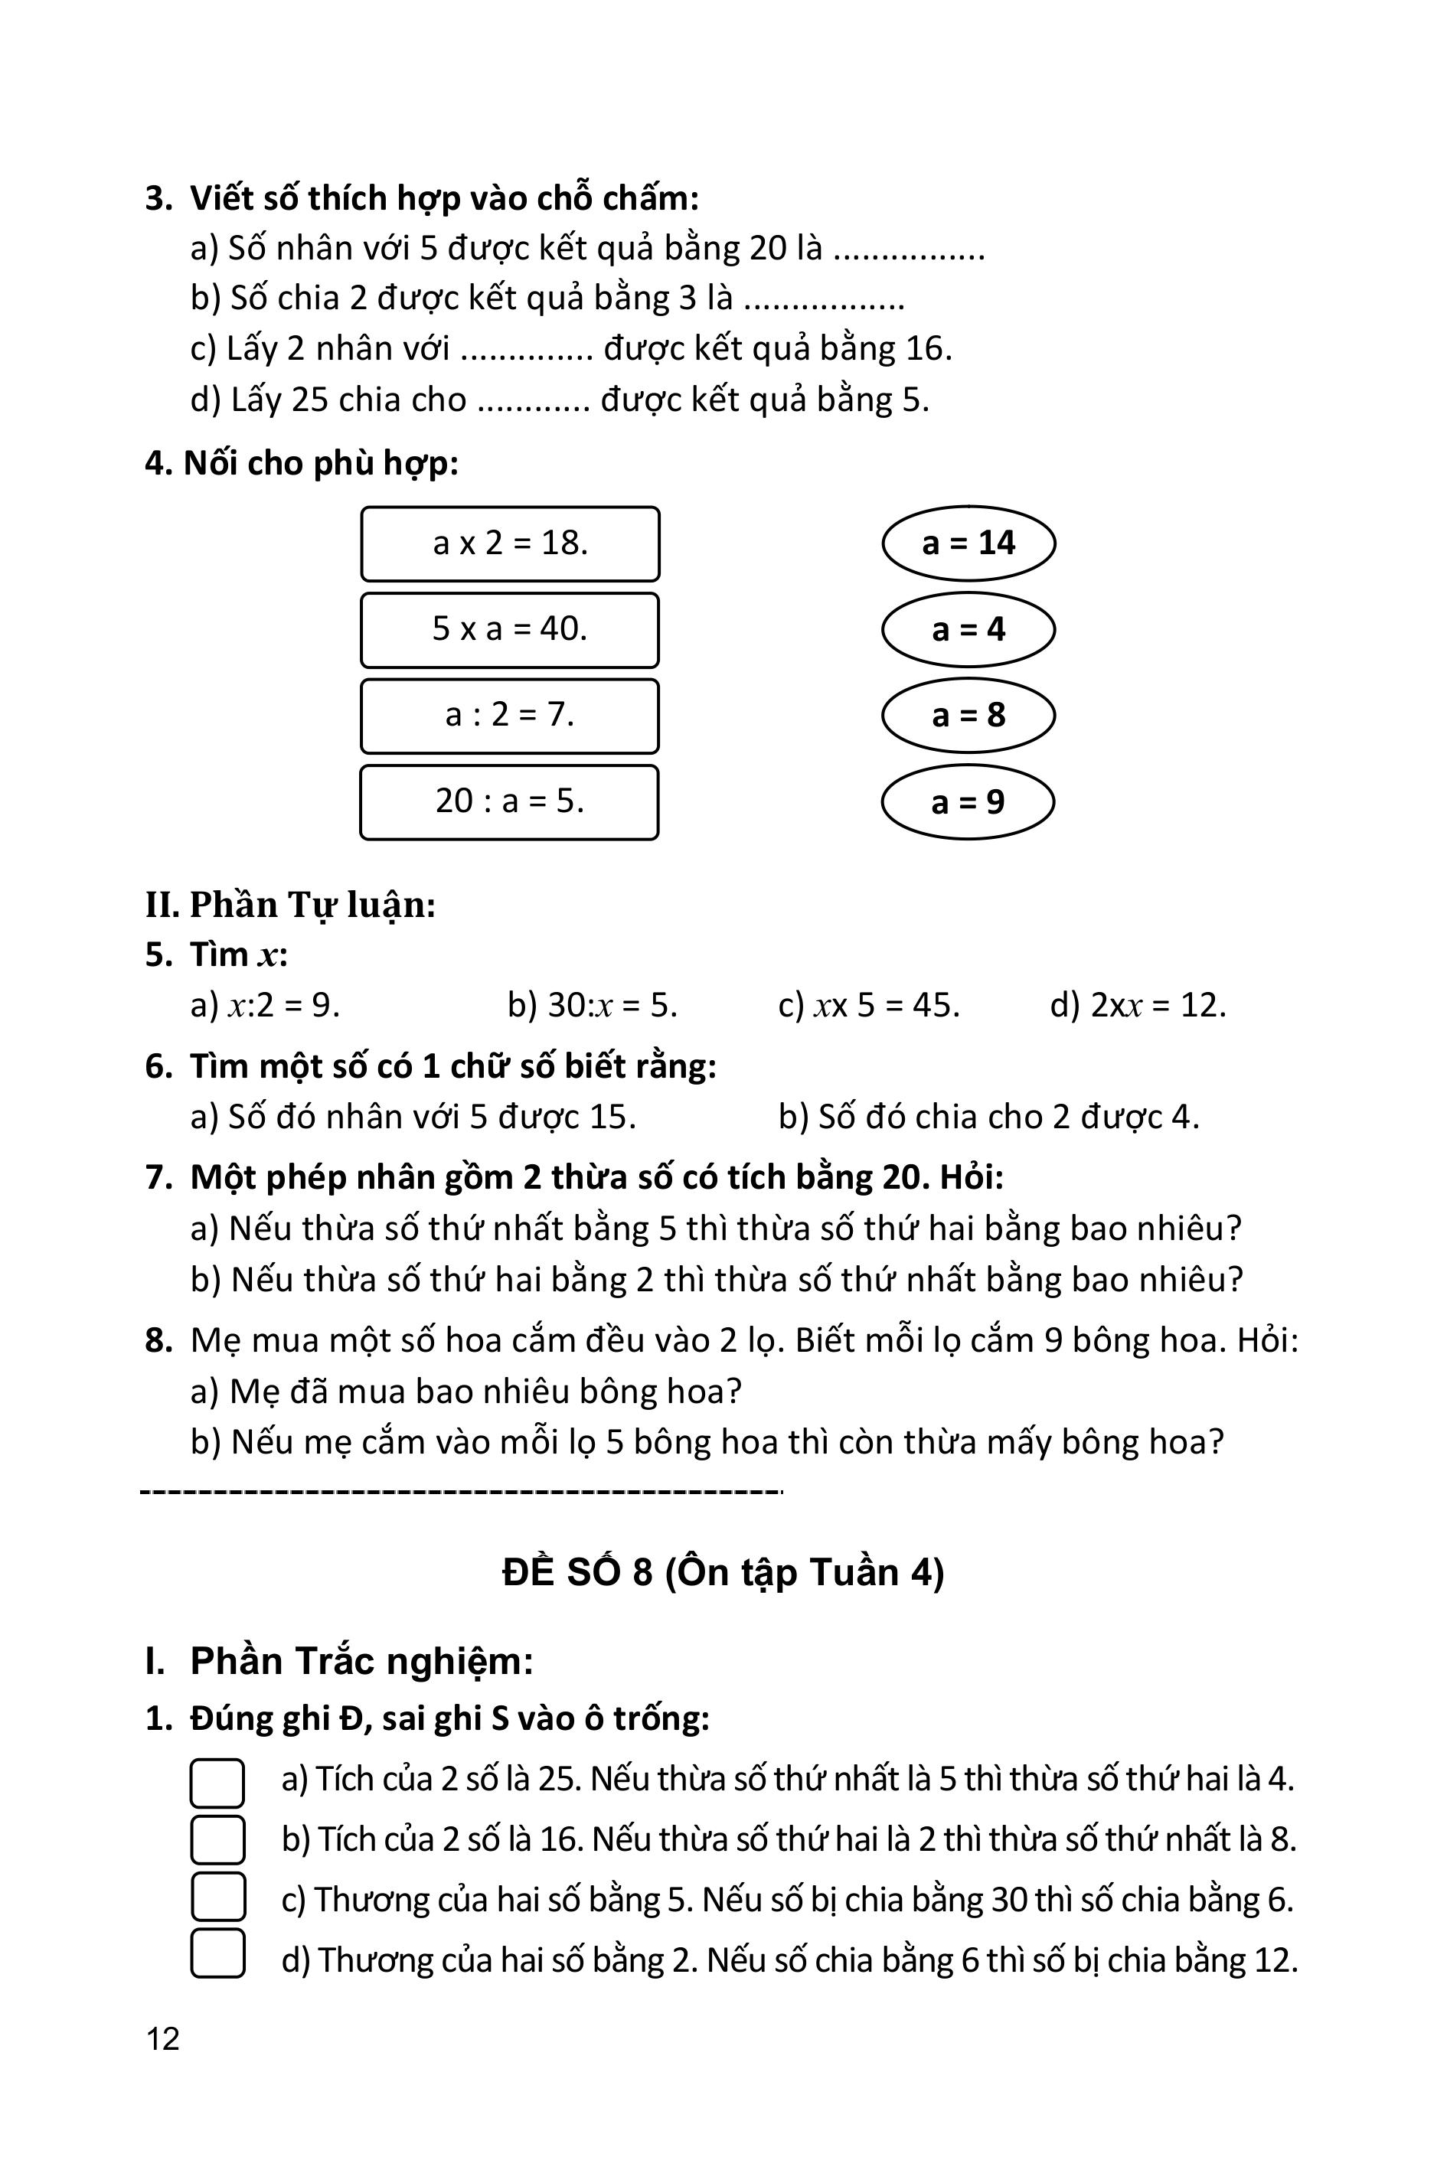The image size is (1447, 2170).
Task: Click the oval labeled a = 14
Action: [x=968, y=543]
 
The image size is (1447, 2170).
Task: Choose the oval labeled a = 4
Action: [x=968, y=629]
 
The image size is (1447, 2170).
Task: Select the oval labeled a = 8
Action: [x=968, y=715]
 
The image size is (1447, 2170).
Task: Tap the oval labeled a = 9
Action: [x=968, y=801]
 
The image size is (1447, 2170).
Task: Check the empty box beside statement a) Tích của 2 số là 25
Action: [x=217, y=1782]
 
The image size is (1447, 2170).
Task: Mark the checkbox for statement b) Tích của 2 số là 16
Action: [x=217, y=1839]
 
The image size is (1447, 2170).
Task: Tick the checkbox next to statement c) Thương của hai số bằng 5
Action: [x=217, y=1897]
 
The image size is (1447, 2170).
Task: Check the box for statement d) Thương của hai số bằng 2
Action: [x=217, y=1953]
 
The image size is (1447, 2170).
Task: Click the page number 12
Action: [x=162, y=2038]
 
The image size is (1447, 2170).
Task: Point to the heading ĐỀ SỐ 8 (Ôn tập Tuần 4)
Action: [x=723, y=1572]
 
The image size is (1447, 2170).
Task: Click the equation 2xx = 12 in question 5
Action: [x=1138, y=1005]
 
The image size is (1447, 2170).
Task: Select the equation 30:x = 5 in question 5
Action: [x=593, y=1005]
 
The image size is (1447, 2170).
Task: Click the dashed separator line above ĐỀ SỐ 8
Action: [x=462, y=1491]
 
